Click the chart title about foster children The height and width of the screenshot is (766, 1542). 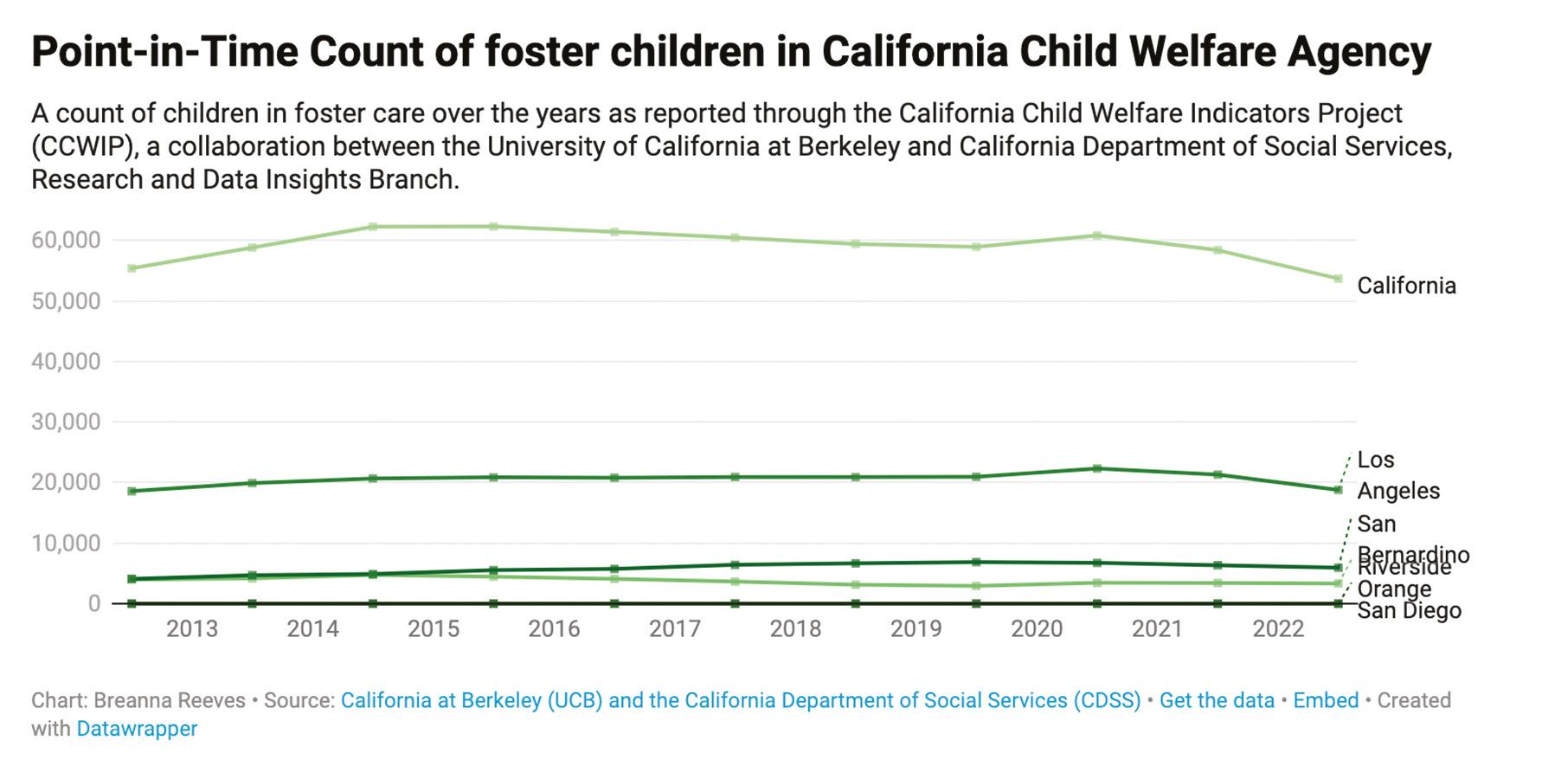tap(730, 52)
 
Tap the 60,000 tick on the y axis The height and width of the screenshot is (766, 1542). tap(66, 240)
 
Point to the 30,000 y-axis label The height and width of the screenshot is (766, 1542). tap(66, 422)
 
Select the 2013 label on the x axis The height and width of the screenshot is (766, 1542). tap(191, 628)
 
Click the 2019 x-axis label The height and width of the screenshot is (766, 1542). tap(916, 628)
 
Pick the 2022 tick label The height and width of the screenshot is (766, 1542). tap(1278, 628)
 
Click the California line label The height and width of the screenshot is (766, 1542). tap(1405, 286)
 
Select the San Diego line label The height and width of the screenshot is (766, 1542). tap(1409, 611)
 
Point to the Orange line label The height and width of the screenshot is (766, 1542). tap(1393, 589)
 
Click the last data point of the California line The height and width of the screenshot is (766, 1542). tap(1338, 279)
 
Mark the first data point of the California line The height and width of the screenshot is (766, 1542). tap(132, 268)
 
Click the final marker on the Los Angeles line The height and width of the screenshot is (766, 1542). tap(1338, 490)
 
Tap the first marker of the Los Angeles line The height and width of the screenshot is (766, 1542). tap(132, 491)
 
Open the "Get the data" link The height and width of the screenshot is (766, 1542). tap(1216, 700)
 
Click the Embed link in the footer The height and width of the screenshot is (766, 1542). tap(1326, 700)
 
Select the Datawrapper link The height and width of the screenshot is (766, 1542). tap(137, 729)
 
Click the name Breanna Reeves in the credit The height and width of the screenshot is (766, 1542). tap(170, 700)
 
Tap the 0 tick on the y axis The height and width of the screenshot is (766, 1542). tap(93, 603)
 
